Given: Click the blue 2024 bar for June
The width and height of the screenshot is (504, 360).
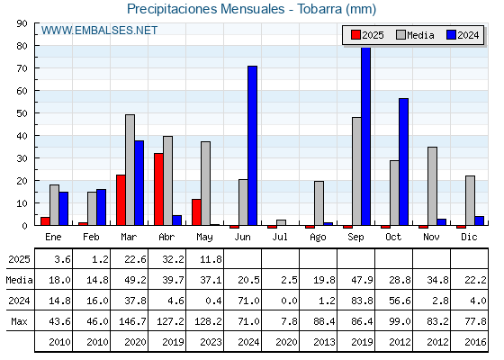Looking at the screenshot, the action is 252,146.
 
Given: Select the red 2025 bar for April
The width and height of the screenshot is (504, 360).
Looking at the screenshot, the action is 158,189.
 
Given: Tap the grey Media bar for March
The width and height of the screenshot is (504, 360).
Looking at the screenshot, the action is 130,170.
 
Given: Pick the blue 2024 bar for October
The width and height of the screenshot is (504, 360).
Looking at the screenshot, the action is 404,162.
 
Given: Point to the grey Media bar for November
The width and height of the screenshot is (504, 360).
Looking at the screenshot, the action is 432,186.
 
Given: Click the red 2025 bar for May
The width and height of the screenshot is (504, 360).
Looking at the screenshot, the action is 196,212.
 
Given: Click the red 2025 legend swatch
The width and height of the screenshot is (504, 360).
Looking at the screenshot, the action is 355,35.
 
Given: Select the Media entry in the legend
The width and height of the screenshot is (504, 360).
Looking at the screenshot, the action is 415,35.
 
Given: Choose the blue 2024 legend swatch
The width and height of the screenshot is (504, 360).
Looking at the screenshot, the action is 451,35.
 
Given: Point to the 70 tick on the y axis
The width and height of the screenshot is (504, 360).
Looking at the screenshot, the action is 22,68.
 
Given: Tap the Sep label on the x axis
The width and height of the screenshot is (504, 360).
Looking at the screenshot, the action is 355,238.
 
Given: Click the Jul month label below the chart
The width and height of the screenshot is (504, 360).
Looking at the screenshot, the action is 280,238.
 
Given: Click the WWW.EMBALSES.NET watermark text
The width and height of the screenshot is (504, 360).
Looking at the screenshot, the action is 99,31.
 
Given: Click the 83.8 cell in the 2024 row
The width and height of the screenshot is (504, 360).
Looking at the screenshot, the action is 362,301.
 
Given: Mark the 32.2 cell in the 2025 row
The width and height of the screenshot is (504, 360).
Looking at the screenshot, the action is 173,259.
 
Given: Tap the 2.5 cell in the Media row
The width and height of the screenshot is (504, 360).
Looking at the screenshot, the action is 289,280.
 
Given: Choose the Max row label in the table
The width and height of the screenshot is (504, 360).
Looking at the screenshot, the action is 19,321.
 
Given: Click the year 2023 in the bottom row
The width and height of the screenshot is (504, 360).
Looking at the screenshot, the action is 211,342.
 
